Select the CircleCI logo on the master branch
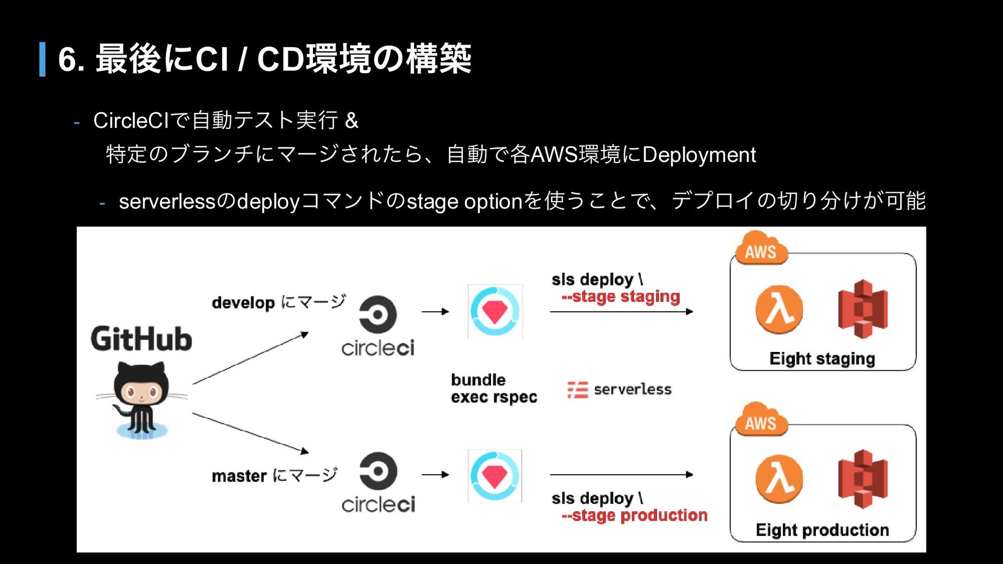pyautogui.click(x=378, y=482)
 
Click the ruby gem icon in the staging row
pyautogui.click(x=495, y=311)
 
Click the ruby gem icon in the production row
pyautogui.click(x=495, y=476)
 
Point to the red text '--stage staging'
pyautogui.click(x=621, y=297)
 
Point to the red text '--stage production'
pyautogui.click(x=634, y=516)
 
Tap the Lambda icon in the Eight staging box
pyautogui.click(x=779, y=309)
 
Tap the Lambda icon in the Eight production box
pyautogui.click(x=779, y=479)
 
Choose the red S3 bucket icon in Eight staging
pyautogui.click(x=863, y=309)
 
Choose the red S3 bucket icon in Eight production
pyautogui.click(x=863, y=479)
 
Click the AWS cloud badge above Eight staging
pyautogui.click(x=761, y=249)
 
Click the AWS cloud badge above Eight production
pyautogui.click(x=761, y=419)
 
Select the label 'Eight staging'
pyautogui.click(x=822, y=359)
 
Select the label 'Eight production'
pyautogui.click(x=822, y=530)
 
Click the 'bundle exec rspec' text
pyautogui.click(x=494, y=389)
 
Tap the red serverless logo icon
pyautogui.click(x=578, y=390)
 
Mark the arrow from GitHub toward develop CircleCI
pyautogui.click(x=251, y=358)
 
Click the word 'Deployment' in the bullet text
pyautogui.click(x=699, y=155)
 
